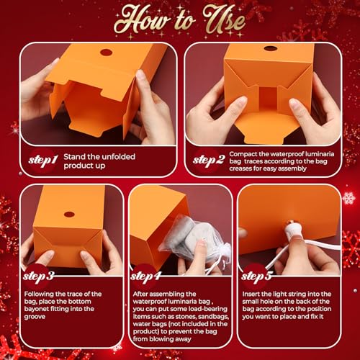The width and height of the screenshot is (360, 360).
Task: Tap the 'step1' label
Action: click(43, 160)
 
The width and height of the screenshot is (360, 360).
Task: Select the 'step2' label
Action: click(209, 160)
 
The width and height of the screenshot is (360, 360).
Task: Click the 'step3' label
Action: click(38, 276)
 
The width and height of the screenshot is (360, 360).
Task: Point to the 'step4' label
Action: click(145, 276)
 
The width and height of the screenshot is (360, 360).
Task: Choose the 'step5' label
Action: click(256, 276)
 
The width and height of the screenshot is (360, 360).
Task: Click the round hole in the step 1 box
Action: click(106, 53)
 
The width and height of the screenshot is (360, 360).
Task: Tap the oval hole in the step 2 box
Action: click(271, 48)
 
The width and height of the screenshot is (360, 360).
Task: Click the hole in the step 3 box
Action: click(68, 215)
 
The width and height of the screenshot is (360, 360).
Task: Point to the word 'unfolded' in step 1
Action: click(118, 157)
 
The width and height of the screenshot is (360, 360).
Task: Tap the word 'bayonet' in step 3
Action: click(36, 309)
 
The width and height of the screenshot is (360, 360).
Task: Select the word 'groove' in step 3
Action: click(35, 317)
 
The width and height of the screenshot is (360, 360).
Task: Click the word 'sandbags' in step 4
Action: click(213, 317)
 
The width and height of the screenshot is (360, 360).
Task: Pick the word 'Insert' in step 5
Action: click(251, 294)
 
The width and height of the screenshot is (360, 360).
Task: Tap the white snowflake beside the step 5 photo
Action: click(348, 198)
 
